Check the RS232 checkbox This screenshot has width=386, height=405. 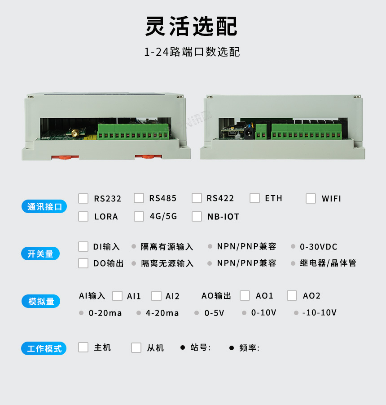point(83,198)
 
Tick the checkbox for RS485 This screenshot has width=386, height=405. point(139,198)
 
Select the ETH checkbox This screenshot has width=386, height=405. point(254,198)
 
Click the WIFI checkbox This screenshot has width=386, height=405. point(311,198)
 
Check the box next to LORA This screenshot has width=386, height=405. point(83,217)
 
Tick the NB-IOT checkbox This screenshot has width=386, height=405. point(197,217)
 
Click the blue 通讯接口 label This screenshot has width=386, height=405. point(44,206)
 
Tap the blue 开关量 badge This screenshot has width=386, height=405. point(40,254)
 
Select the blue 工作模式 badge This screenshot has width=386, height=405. point(44,348)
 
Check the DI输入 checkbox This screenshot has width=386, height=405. point(83,246)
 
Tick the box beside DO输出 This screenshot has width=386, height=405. point(83,263)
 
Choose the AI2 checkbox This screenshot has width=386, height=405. point(156,296)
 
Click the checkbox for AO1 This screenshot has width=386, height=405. point(245,295)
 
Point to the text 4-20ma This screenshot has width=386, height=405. point(162,313)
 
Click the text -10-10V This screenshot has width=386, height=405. point(320,312)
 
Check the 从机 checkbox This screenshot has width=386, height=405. point(136,347)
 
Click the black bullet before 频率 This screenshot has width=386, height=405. point(232,348)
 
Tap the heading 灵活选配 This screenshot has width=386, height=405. point(191,26)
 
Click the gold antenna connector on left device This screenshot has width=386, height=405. point(75,133)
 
